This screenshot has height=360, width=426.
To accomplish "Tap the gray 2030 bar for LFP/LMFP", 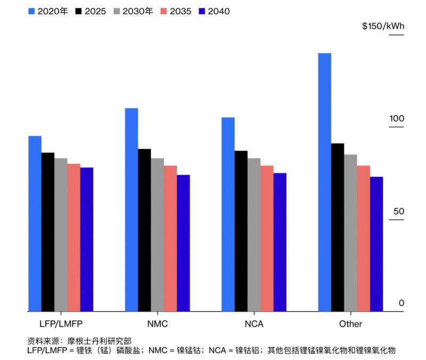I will coord(61,235).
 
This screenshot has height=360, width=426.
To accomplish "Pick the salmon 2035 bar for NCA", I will coord(267,238).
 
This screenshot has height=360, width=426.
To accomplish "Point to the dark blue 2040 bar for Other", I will coord(376,244).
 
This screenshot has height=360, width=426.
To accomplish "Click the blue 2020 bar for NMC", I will coord(132,210).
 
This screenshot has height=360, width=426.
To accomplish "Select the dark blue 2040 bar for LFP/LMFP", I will coord(87,240).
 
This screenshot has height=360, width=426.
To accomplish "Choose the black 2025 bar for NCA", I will coord(241,231).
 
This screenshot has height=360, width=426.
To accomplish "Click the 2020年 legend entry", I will coord(47,11).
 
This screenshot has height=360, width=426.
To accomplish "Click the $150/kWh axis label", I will coord(383,26).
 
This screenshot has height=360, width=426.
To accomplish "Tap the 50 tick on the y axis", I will coord(399,211).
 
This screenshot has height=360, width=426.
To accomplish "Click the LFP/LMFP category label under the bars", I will coord(61,324).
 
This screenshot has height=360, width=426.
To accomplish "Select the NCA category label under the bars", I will coord(253,324).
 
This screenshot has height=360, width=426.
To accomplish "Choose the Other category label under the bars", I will coord(350,324).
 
